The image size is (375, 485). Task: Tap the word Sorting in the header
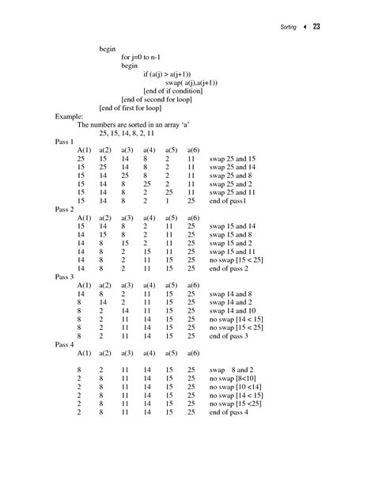coord(288,28)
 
